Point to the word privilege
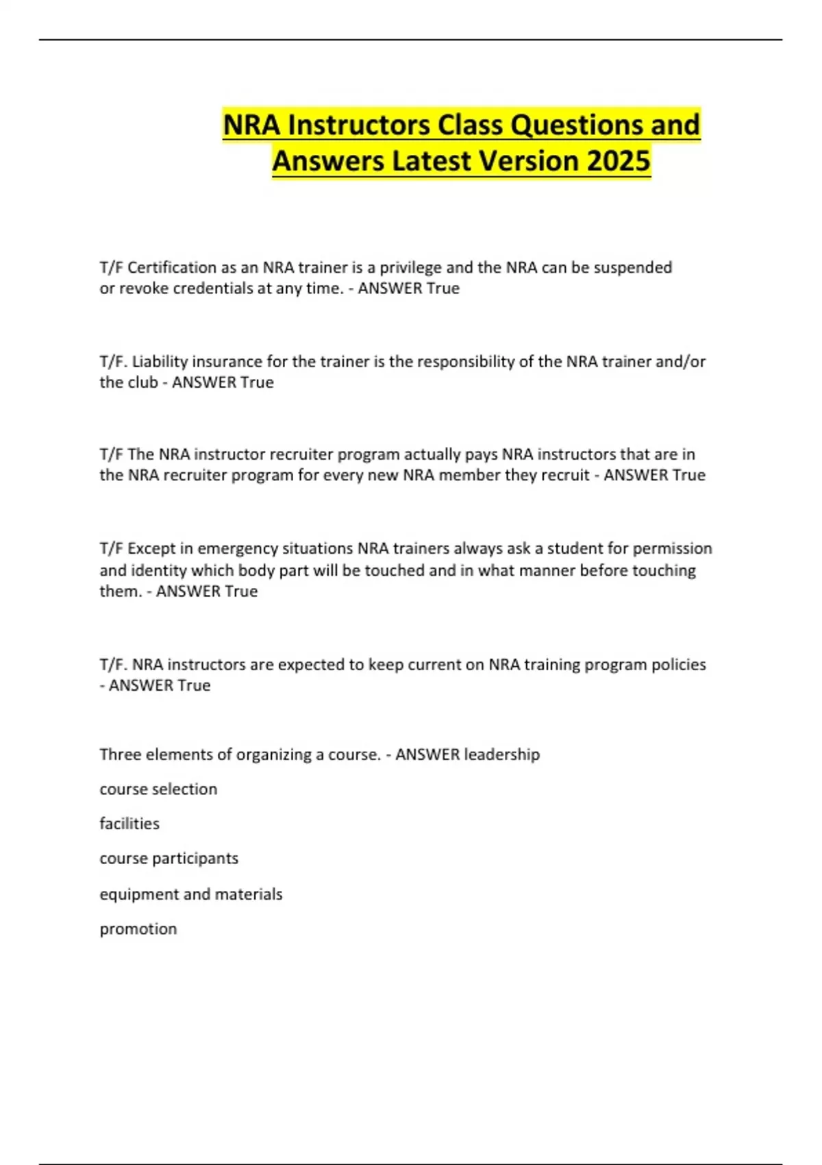(410, 267)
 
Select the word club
(142, 382)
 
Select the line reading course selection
(158, 789)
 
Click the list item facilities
(129, 823)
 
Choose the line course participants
(169, 858)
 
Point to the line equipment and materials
(191, 894)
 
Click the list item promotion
(138, 929)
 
